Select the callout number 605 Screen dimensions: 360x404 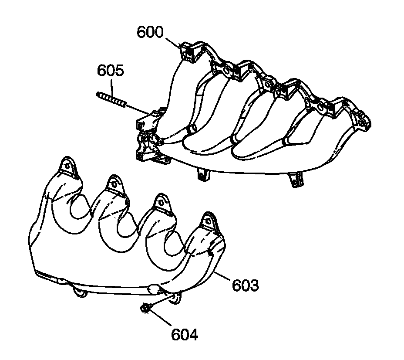[x=111, y=71]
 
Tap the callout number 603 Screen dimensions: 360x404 [x=245, y=286]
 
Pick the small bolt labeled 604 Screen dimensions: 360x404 [x=145, y=309]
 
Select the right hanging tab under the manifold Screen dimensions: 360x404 [x=296, y=180]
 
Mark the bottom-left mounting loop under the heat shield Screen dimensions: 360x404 [x=79, y=291]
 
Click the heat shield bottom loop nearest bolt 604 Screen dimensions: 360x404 [x=175, y=298]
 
